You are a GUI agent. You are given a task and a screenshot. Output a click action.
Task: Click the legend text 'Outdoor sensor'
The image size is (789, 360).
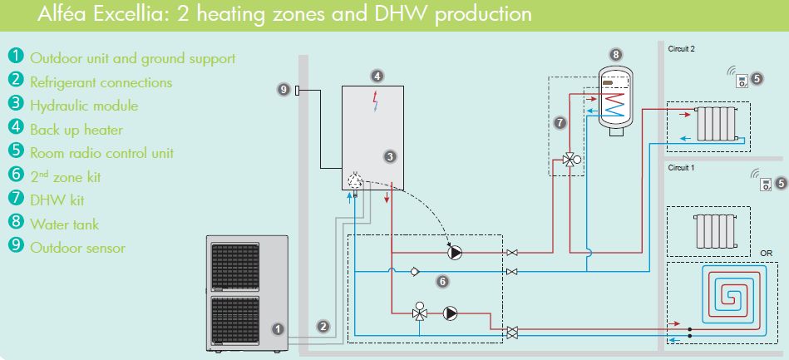[77, 247]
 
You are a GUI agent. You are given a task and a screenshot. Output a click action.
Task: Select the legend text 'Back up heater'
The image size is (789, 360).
[76, 129]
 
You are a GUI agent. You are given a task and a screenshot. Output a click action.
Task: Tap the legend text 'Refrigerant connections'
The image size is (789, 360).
[101, 81]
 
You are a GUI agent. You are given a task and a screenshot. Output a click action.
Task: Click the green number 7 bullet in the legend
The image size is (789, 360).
[16, 200]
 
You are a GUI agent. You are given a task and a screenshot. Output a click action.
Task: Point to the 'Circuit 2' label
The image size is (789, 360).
[681, 49]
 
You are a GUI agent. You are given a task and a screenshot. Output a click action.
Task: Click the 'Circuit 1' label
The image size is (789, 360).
[681, 167]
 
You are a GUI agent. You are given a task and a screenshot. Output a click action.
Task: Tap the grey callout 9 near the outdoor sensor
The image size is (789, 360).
[283, 89]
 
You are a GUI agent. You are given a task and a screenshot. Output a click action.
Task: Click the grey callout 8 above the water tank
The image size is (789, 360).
[615, 54]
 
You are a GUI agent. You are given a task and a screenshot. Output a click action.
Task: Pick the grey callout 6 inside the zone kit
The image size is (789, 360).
[442, 281]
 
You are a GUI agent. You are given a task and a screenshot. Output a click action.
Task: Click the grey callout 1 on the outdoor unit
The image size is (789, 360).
[278, 328]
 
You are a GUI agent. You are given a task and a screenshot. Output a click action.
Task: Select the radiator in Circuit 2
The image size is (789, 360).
[716, 123]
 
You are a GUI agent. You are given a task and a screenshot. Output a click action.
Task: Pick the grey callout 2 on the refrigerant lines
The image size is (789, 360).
[324, 328]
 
